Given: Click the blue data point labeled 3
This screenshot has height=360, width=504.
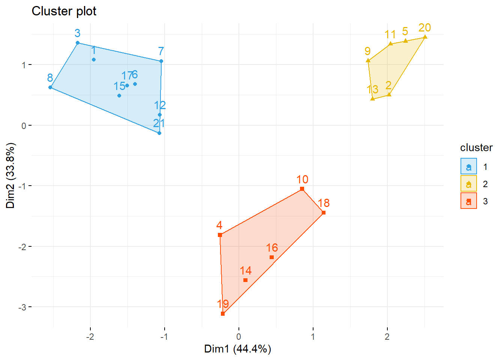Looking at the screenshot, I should point(78,43).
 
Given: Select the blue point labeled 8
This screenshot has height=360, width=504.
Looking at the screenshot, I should point(50,87).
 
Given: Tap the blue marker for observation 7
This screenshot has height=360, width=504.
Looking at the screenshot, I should point(161,61).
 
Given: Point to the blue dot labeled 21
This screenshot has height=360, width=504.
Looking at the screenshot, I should point(159,133).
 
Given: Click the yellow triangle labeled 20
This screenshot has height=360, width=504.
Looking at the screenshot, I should point(425,37).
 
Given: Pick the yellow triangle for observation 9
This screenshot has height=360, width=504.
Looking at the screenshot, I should point(368,60).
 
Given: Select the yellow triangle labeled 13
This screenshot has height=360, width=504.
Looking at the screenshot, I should point(373,99).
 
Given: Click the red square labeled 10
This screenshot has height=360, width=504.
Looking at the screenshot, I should point(302,189).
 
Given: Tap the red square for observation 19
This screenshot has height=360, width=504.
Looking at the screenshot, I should point(223,313).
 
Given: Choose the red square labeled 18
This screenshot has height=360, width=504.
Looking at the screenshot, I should point(324,213).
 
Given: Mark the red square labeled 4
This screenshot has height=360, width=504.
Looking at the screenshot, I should point(220,235).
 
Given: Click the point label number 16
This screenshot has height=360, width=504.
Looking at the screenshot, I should point(272,248).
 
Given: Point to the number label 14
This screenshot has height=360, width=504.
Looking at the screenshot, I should point(246,271).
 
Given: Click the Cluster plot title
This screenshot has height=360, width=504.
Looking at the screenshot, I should point(64,11).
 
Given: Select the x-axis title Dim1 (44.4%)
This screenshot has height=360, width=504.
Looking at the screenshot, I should point(237,349).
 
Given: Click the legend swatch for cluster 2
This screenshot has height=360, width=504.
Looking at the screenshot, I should point(469,184).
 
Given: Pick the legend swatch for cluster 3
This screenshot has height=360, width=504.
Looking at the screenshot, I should point(469,201).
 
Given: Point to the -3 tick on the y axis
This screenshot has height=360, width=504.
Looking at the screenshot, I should point(22,307).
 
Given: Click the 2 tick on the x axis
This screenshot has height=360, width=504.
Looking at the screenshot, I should point(387,336).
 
